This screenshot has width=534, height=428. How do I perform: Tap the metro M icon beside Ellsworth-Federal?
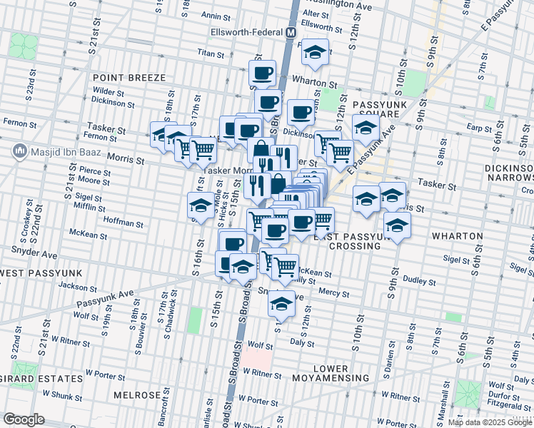click(x=291, y=33)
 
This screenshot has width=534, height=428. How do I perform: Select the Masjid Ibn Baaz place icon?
click(x=19, y=151)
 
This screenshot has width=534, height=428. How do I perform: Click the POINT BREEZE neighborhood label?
click(x=129, y=77)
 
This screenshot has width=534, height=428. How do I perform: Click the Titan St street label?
click(x=211, y=53)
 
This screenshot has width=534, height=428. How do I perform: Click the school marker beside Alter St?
click(x=314, y=53)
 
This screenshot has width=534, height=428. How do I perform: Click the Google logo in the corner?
click(x=24, y=419)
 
